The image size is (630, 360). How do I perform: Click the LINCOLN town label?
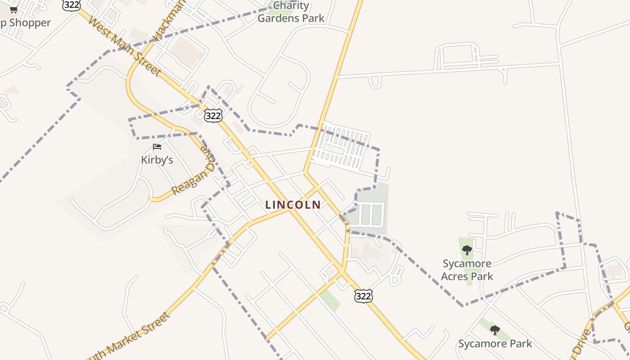[x=293, y=205]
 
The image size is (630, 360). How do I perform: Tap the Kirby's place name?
[x=157, y=160]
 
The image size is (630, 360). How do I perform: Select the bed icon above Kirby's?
[x=157, y=147]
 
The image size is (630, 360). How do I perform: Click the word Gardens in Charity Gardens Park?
[x=278, y=18]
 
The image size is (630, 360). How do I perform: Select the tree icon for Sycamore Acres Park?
[x=467, y=250]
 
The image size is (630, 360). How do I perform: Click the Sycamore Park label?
[x=495, y=344]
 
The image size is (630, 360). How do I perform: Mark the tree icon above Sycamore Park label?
[x=495, y=330]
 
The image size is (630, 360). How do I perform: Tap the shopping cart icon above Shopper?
[x=13, y=10]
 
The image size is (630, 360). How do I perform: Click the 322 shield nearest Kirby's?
[x=213, y=116]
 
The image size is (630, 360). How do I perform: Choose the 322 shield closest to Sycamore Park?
[x=363, y=296]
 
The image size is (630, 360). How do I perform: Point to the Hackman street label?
[x=163, y=20]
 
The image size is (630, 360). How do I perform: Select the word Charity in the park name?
[x=291, y=6]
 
